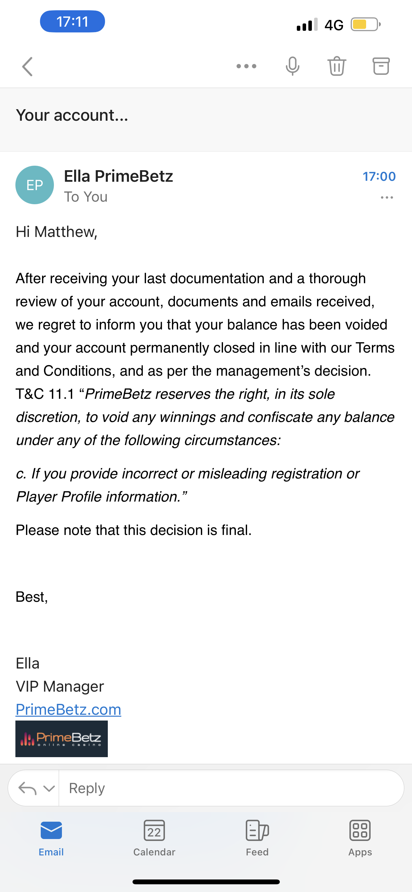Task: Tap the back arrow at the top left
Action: (x=27, y=66)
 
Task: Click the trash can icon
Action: (x=337, y=66)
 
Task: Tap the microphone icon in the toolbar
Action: (x=292, y=66)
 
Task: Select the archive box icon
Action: (x=381, y=66)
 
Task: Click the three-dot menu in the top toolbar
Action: (x=246, y=66)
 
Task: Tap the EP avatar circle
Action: (x=35, y=185)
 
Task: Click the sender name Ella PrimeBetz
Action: (x=118, y=176)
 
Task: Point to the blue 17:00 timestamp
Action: (x=379, y=177)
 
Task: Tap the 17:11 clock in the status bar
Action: (x=72, y=22)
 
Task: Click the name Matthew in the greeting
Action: (x=65, y=232)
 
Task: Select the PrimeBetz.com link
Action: (x=68, y=710)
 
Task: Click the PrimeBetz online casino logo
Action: (x=62, y=739)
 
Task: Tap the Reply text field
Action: (x=231, y=788)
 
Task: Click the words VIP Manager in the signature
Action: (x=60, y=686)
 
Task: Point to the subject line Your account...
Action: (x=72, y=115)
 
